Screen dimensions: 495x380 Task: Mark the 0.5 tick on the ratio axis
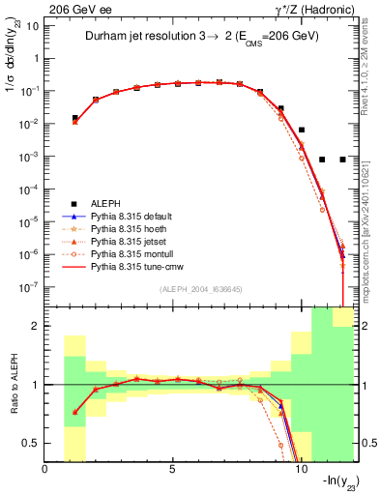point(32,443)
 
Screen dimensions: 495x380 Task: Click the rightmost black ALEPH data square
point(343,160)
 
